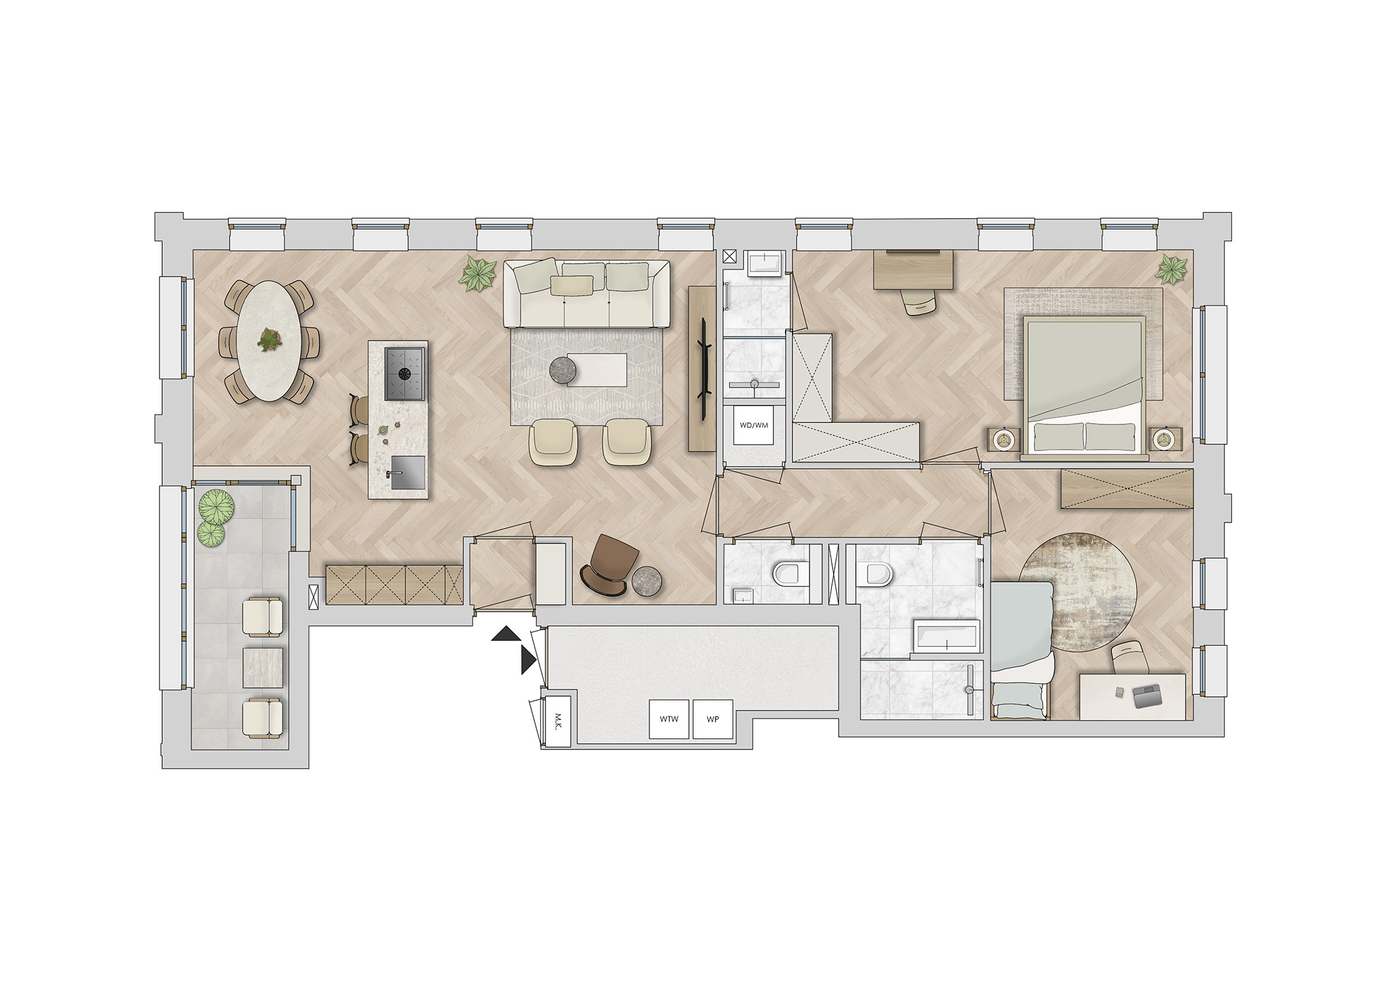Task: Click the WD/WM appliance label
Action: coord(754,425)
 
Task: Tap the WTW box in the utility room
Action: coord(669,719)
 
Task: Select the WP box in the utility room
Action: coord(713,719)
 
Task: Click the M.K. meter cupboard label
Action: coord(557,721)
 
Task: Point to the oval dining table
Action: coord(269,341)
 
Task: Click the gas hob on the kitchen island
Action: coord(405,373)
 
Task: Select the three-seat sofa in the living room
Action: coord(587,294)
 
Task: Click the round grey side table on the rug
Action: coord(563,370)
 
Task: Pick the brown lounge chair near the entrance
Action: coord(609,565)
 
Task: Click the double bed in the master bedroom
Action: coord(1084,387)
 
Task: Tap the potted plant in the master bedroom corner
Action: coord(1171,269)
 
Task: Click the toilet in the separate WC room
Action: coord(790,574)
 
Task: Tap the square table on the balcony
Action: coord(263,667)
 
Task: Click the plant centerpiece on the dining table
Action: coord(270,339)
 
